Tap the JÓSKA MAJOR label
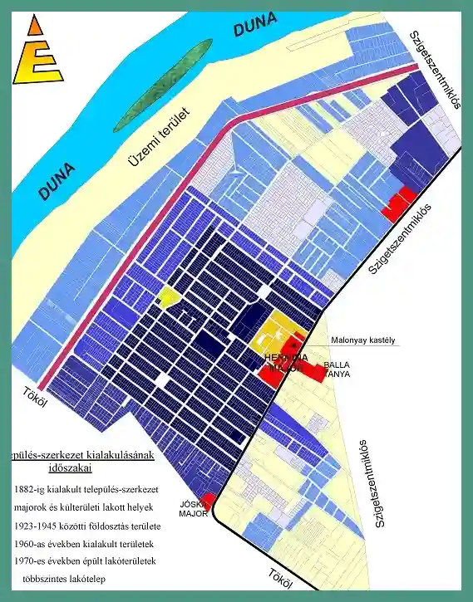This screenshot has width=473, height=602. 193,508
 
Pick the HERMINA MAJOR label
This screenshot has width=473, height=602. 285,362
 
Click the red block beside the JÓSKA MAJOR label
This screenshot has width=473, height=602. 208,499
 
